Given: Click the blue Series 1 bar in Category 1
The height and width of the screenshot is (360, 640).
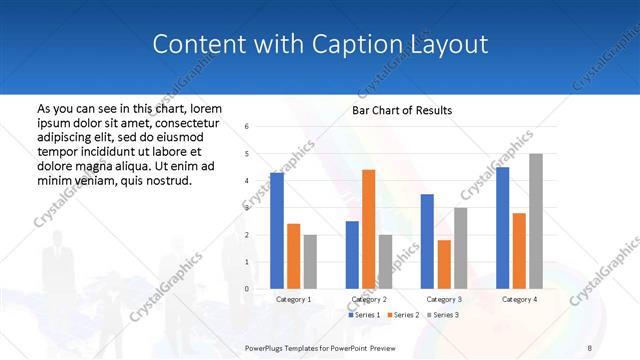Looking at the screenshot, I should (x=277, y=230).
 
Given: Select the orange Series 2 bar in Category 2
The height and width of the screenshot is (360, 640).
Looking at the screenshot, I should (x=368, y=229).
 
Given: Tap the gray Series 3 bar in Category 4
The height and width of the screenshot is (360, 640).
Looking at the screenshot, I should (x=536, y=221).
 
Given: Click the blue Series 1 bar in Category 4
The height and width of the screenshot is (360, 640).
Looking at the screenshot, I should (x=502, y=228).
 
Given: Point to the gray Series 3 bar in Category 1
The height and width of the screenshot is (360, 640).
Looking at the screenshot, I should (x=310, y=262).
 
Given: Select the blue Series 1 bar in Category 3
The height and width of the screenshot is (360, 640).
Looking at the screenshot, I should (x=427, y=241).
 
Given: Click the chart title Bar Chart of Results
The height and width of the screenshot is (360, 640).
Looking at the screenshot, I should (x=401, y=110).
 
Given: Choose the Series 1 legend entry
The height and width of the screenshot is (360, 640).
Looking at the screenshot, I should (x=363, y=315).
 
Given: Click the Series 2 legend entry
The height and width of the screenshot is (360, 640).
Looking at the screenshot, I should (x=402, y=315).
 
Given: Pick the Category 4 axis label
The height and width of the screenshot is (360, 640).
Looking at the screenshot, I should (x=519, y=299).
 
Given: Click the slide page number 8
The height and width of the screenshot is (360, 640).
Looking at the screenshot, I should (x=589, y=346).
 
